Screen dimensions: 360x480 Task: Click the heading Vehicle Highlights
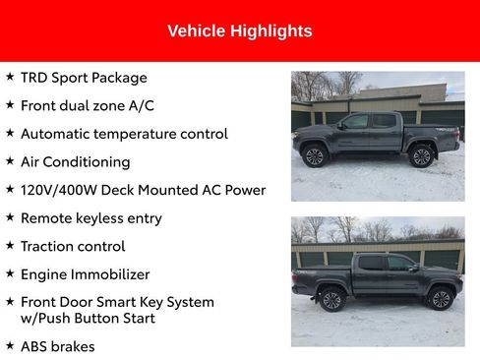(240, 31)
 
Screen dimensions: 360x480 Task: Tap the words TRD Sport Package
(84, 78)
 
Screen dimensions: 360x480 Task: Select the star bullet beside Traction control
(10, 246)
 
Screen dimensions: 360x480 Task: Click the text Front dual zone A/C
(88, 105)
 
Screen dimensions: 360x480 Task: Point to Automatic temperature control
(124, 134)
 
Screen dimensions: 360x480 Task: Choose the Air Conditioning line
(75, 161)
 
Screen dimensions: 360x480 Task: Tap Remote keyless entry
(91, 218)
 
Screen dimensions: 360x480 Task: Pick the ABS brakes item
(58, 346)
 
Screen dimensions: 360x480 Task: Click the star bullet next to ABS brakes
(10, 346)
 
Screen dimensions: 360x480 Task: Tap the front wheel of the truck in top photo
(314, 155)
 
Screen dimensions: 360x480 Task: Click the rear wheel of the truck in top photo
(422, 155)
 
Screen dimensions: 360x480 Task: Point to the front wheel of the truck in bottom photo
(440, 299)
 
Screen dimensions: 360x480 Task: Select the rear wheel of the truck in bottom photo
(332, 300)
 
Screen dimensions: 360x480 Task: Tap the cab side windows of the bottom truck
(386, 264)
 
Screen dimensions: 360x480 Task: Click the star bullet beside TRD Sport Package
(10, 78)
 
